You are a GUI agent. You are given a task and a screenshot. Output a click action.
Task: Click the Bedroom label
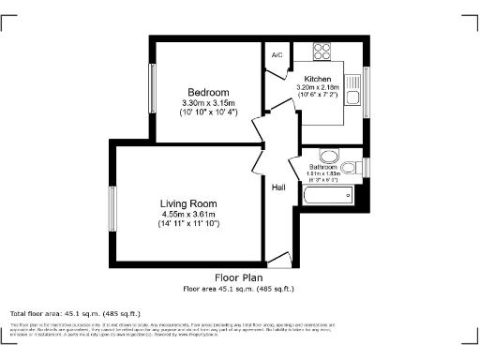pos(206,92)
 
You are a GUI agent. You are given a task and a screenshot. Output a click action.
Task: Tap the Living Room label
pos(188,203)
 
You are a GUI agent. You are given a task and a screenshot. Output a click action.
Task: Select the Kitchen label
pos(316,80)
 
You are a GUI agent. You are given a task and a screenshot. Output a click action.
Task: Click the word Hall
pos(278,188)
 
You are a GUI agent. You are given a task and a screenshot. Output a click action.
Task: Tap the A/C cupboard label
pos(277,55)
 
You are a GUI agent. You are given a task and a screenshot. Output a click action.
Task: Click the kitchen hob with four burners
pos(322,52)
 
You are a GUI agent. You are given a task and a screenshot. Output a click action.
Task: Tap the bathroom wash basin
pos(328,155)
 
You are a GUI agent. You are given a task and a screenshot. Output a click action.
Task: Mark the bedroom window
pos(151,90)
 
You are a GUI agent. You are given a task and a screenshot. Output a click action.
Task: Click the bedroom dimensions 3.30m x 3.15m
pos(206,102)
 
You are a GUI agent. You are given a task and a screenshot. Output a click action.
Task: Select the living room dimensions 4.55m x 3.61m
pos(188,214)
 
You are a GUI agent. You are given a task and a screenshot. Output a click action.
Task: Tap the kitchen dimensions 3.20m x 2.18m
pos(316,88)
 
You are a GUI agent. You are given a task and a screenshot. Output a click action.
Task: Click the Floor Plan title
pos(238,278)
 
